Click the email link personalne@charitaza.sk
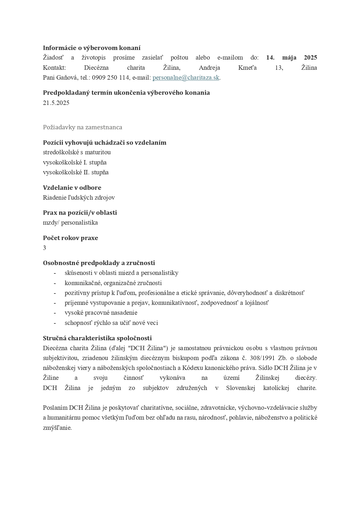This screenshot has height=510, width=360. click(186, 78)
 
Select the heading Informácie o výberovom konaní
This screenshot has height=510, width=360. click(92, 48)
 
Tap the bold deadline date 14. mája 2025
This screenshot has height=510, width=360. click(291, 58)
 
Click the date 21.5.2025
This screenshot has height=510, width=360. click(56, 103)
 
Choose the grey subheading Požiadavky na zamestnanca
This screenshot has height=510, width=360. click(82, 127)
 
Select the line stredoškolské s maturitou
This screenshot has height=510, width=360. click(77, 152)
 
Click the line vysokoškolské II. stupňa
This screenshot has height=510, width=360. click(76, 172)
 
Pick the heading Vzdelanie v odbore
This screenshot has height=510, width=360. click(72, 187)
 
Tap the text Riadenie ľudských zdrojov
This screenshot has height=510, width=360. click(79, 198)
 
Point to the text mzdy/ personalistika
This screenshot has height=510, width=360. click(70, 223)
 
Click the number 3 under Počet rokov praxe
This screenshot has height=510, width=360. click(44, 248)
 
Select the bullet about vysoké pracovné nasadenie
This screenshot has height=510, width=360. click(101, 313)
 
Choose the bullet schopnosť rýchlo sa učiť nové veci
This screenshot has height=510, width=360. click(111, 323)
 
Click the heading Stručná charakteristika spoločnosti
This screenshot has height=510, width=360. click(97, 338)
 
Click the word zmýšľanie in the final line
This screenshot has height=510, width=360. click(57, 428)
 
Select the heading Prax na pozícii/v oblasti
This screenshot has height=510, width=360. click(80, 213)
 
